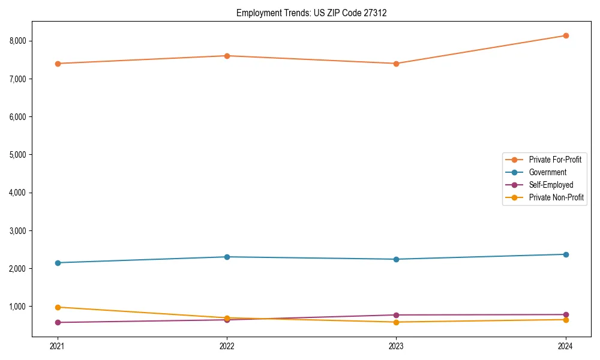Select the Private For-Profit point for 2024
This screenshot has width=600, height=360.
[566, 35]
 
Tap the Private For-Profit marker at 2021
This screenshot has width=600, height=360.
[58, 64]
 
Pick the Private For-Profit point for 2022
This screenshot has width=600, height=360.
[227, 56]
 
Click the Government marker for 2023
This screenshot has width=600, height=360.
[396, 259]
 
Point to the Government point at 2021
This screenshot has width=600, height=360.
[58, 263]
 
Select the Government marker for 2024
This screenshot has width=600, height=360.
[566, 254]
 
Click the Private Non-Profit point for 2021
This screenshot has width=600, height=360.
[58, 307]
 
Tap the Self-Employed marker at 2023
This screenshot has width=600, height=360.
[396, 315]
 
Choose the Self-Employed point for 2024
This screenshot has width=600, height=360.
[566, 314]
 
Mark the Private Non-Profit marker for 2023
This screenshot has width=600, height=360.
[396, 322]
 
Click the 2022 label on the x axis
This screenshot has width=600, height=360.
[227, 346]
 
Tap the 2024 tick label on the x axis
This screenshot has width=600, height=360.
[566, 346]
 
